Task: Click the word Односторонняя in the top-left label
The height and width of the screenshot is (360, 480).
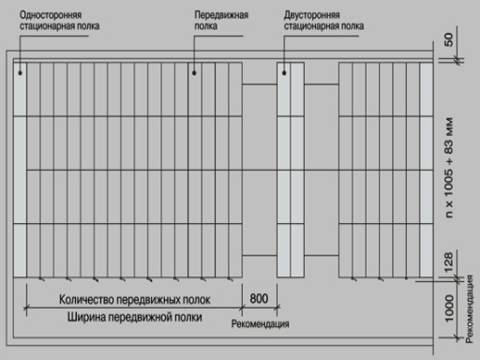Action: click(51, 15)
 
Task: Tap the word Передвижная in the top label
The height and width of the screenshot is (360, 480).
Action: click(221, 15)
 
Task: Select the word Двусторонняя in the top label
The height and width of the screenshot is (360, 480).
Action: click(311, 15)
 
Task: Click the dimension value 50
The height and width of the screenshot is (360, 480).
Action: click(448, 39)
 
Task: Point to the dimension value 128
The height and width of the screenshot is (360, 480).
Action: click(448, 262)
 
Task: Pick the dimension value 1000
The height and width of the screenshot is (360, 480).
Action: click(448, 308)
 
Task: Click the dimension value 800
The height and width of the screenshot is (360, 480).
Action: click(259, 298)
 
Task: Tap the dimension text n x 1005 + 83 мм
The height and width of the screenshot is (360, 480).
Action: click(448, 168)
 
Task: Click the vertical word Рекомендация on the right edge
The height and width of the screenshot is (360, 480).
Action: click(469, 309)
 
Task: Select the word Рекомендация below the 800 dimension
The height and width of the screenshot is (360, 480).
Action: click(260, 323)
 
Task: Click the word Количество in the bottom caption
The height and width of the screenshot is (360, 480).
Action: click(86, 300)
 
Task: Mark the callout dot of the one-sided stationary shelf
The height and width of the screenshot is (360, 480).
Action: click(20, 73)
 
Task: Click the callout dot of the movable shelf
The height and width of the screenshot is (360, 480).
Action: click(194, 73)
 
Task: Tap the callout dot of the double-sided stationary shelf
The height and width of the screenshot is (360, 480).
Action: click(284, 73)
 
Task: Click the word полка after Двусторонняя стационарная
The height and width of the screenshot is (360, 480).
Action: click(352, 26)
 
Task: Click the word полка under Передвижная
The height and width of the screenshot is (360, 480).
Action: click(205, 26)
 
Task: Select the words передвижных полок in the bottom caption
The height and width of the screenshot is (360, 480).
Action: click(163, 300)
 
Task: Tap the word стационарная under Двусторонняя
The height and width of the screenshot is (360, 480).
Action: click(311, 26)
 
